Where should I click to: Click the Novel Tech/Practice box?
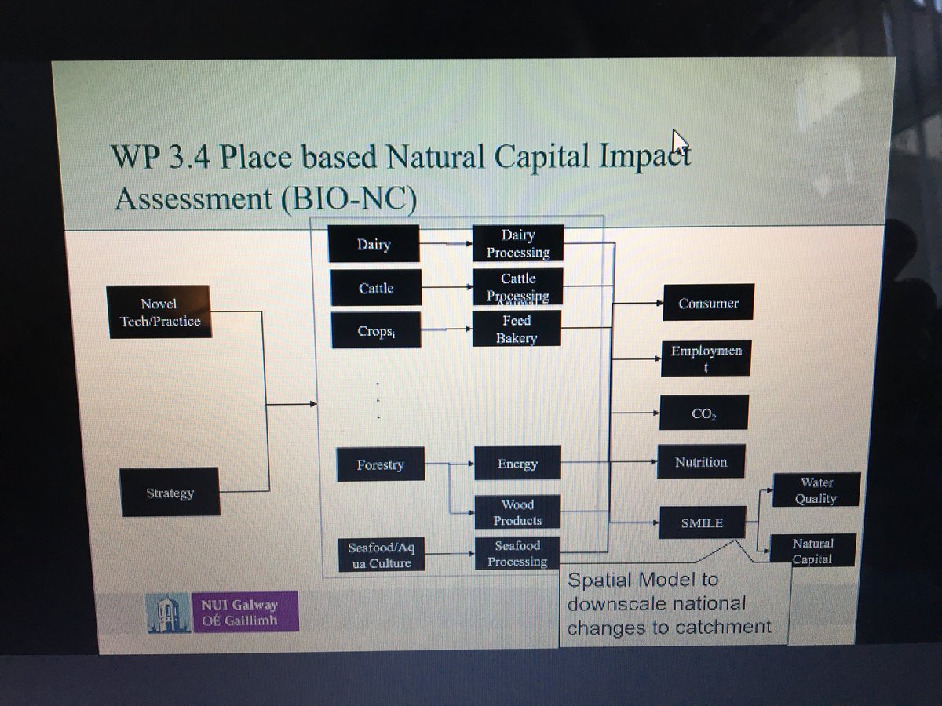click(x=159, y=312)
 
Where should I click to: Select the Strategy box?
click(x=170, y=493)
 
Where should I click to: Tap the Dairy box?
click(x=374, y=244)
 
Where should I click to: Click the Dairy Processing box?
click(x=518, y=243)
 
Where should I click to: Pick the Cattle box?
click(x=375, y=288)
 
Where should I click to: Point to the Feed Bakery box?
click(x=517, y=329)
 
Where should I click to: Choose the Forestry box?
click(x=380, y=464)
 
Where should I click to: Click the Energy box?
click(x=517, y=464)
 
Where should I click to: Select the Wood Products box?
click(x=517, y=512)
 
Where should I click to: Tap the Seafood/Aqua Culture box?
click(x=380, y=555)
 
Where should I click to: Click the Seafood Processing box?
click(x=517, y=554)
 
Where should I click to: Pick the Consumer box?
click(x=707, y=303)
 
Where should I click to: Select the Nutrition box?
click(x=701, y=462)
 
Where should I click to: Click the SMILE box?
click(x=702, y=522)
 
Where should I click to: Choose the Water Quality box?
click(x=816, y=490)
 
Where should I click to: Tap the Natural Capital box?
click(x=812, y=551)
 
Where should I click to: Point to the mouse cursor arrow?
click(x=679, y=143)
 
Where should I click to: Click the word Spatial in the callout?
click(x=598, y=581)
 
